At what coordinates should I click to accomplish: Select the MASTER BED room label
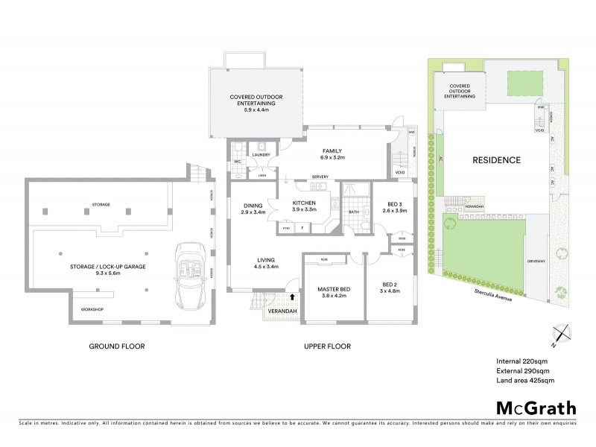pyautogui.click(x=329, y=288)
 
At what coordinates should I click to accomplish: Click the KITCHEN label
pyautogui.click(x=303, y=203)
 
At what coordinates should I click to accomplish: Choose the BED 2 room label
pyautogui.click(x=390, y=284)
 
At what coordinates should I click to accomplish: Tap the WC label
pyautogui.click(x=238, y=160)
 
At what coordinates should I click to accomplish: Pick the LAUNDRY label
pyautogui.click(x=261, y=155)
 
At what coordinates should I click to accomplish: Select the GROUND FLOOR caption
pyautogui.click(x=116, y=346)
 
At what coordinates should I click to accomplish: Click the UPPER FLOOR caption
pyautogui.click(x=327, y=346)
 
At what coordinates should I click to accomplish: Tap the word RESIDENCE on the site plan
pyautogui.click(x=495, y=160)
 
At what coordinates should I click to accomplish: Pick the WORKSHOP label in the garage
pyautogui.click(x=91, y=309)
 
